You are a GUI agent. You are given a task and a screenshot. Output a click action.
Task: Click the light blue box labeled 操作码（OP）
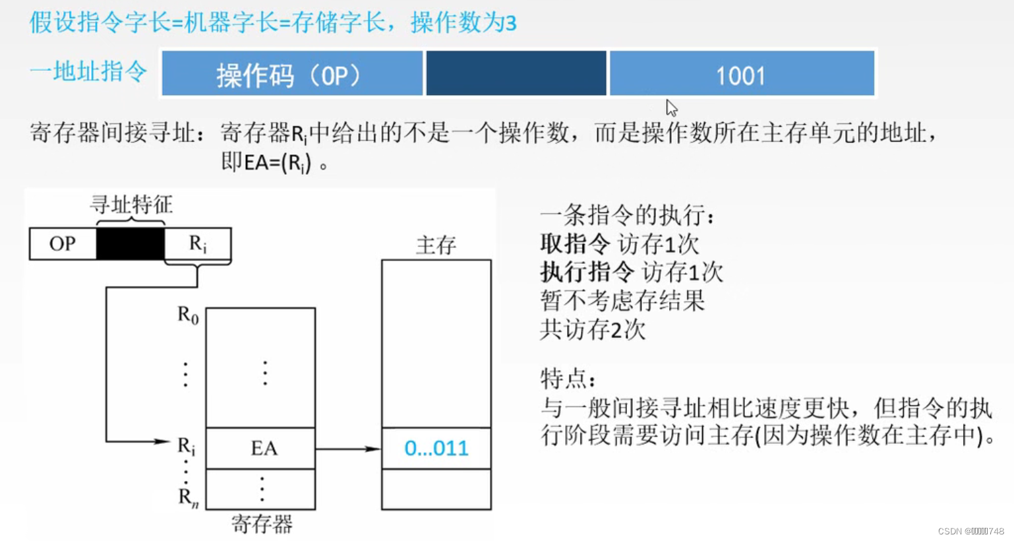tap(292, 74)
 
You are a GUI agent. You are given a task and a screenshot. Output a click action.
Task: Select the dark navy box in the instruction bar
tap(516, 74)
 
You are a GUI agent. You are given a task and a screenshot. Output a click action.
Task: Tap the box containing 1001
tap(742, 74)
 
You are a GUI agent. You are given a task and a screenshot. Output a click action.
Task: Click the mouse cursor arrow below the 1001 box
tap(671, 108)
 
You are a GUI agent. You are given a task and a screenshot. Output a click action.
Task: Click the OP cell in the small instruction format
tap(63, 243)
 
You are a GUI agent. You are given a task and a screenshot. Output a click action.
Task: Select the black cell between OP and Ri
tap(131, 243)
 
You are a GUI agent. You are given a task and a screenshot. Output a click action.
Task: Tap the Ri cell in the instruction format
tap(198, 243)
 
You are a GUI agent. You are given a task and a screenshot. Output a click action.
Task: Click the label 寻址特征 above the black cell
tap(131, 205)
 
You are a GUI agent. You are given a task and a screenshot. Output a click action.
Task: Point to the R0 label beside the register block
tap(188, 315)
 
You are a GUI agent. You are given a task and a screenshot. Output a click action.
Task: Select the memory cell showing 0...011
tap(436, 448)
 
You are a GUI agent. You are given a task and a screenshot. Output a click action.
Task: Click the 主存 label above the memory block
tap(436, 245)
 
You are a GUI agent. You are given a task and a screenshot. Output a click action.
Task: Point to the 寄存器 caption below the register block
tap(262, 525)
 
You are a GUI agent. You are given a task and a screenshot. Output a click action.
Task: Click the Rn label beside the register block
tap(188, 497)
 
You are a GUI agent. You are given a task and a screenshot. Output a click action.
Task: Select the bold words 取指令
tap(575, 243)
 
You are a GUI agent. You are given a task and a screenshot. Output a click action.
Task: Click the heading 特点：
tap(568, 379)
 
